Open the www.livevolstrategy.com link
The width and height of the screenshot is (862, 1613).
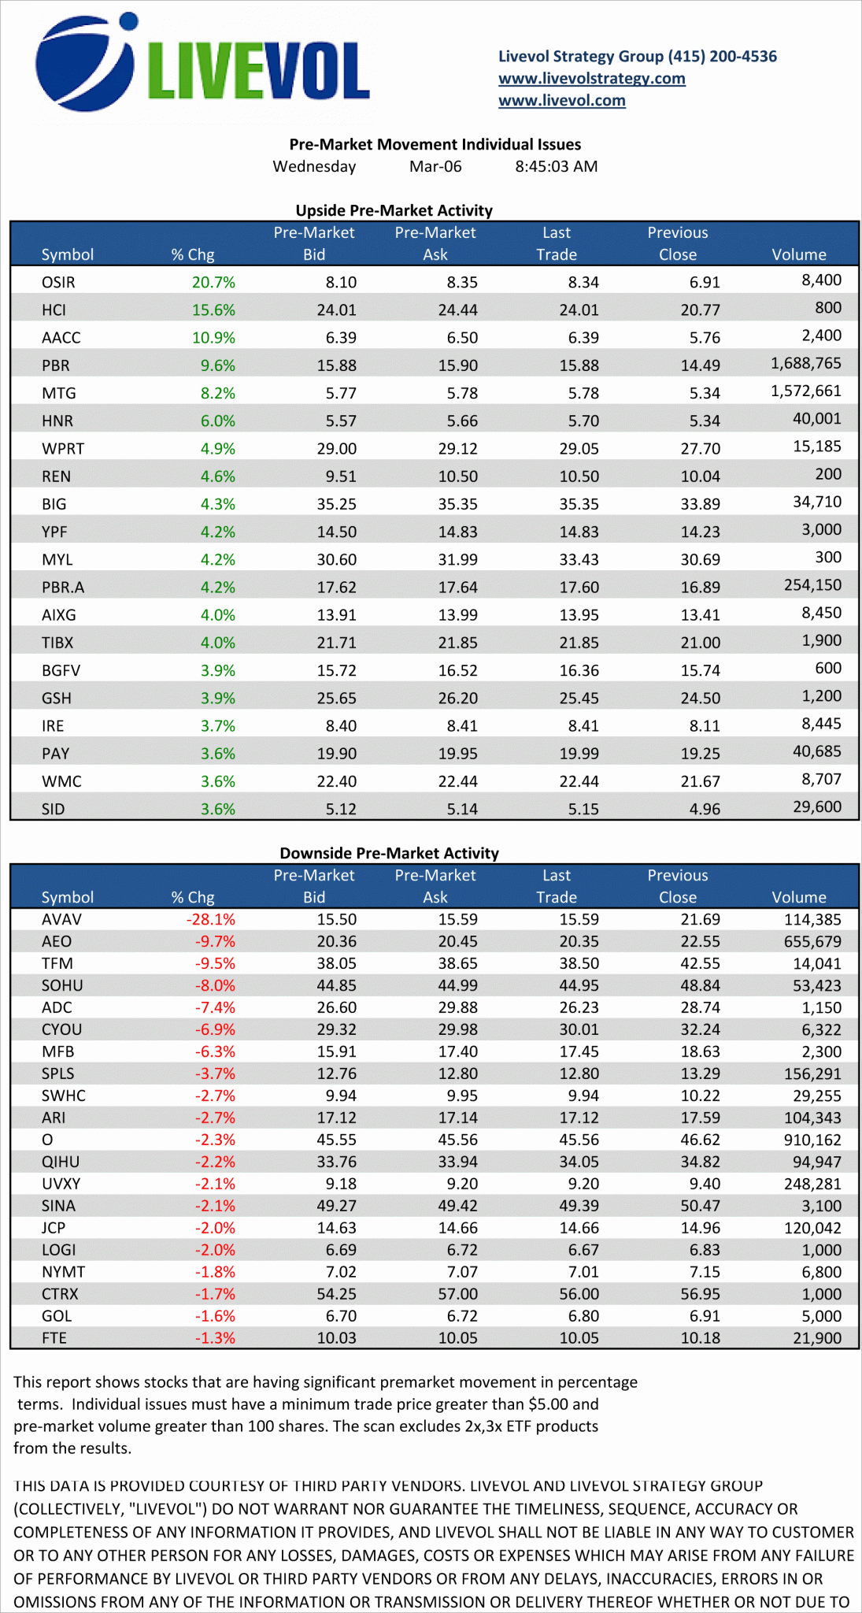point(591,78)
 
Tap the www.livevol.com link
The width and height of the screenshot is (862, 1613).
point(561,100)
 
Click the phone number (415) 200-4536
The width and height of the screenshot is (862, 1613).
point(722,56)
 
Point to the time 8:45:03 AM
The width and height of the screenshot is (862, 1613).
point(556,166)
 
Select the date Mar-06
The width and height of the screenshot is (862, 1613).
point(435,166)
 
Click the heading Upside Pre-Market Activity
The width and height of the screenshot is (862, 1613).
point(394,210)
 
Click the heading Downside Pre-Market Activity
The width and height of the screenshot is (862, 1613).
point(389,853)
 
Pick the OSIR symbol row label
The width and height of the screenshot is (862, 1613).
point(58,282)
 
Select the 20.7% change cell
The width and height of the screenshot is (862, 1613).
point(213,282)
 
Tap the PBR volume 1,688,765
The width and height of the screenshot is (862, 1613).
point(805,363)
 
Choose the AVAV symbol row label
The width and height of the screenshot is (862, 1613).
point(61,919)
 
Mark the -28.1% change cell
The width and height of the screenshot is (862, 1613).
point(210,919)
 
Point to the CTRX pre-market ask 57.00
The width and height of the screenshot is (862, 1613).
point(457,1294)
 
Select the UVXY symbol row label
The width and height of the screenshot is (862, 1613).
point(61,1184)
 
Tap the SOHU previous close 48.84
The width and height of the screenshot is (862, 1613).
point(700,985)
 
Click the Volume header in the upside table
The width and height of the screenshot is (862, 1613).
point(798,254)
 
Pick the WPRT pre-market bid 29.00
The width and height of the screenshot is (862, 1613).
point(336,448)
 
